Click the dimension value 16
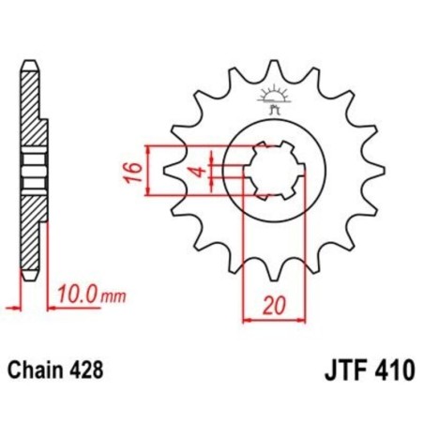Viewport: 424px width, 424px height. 133,172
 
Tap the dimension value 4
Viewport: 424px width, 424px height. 198,172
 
